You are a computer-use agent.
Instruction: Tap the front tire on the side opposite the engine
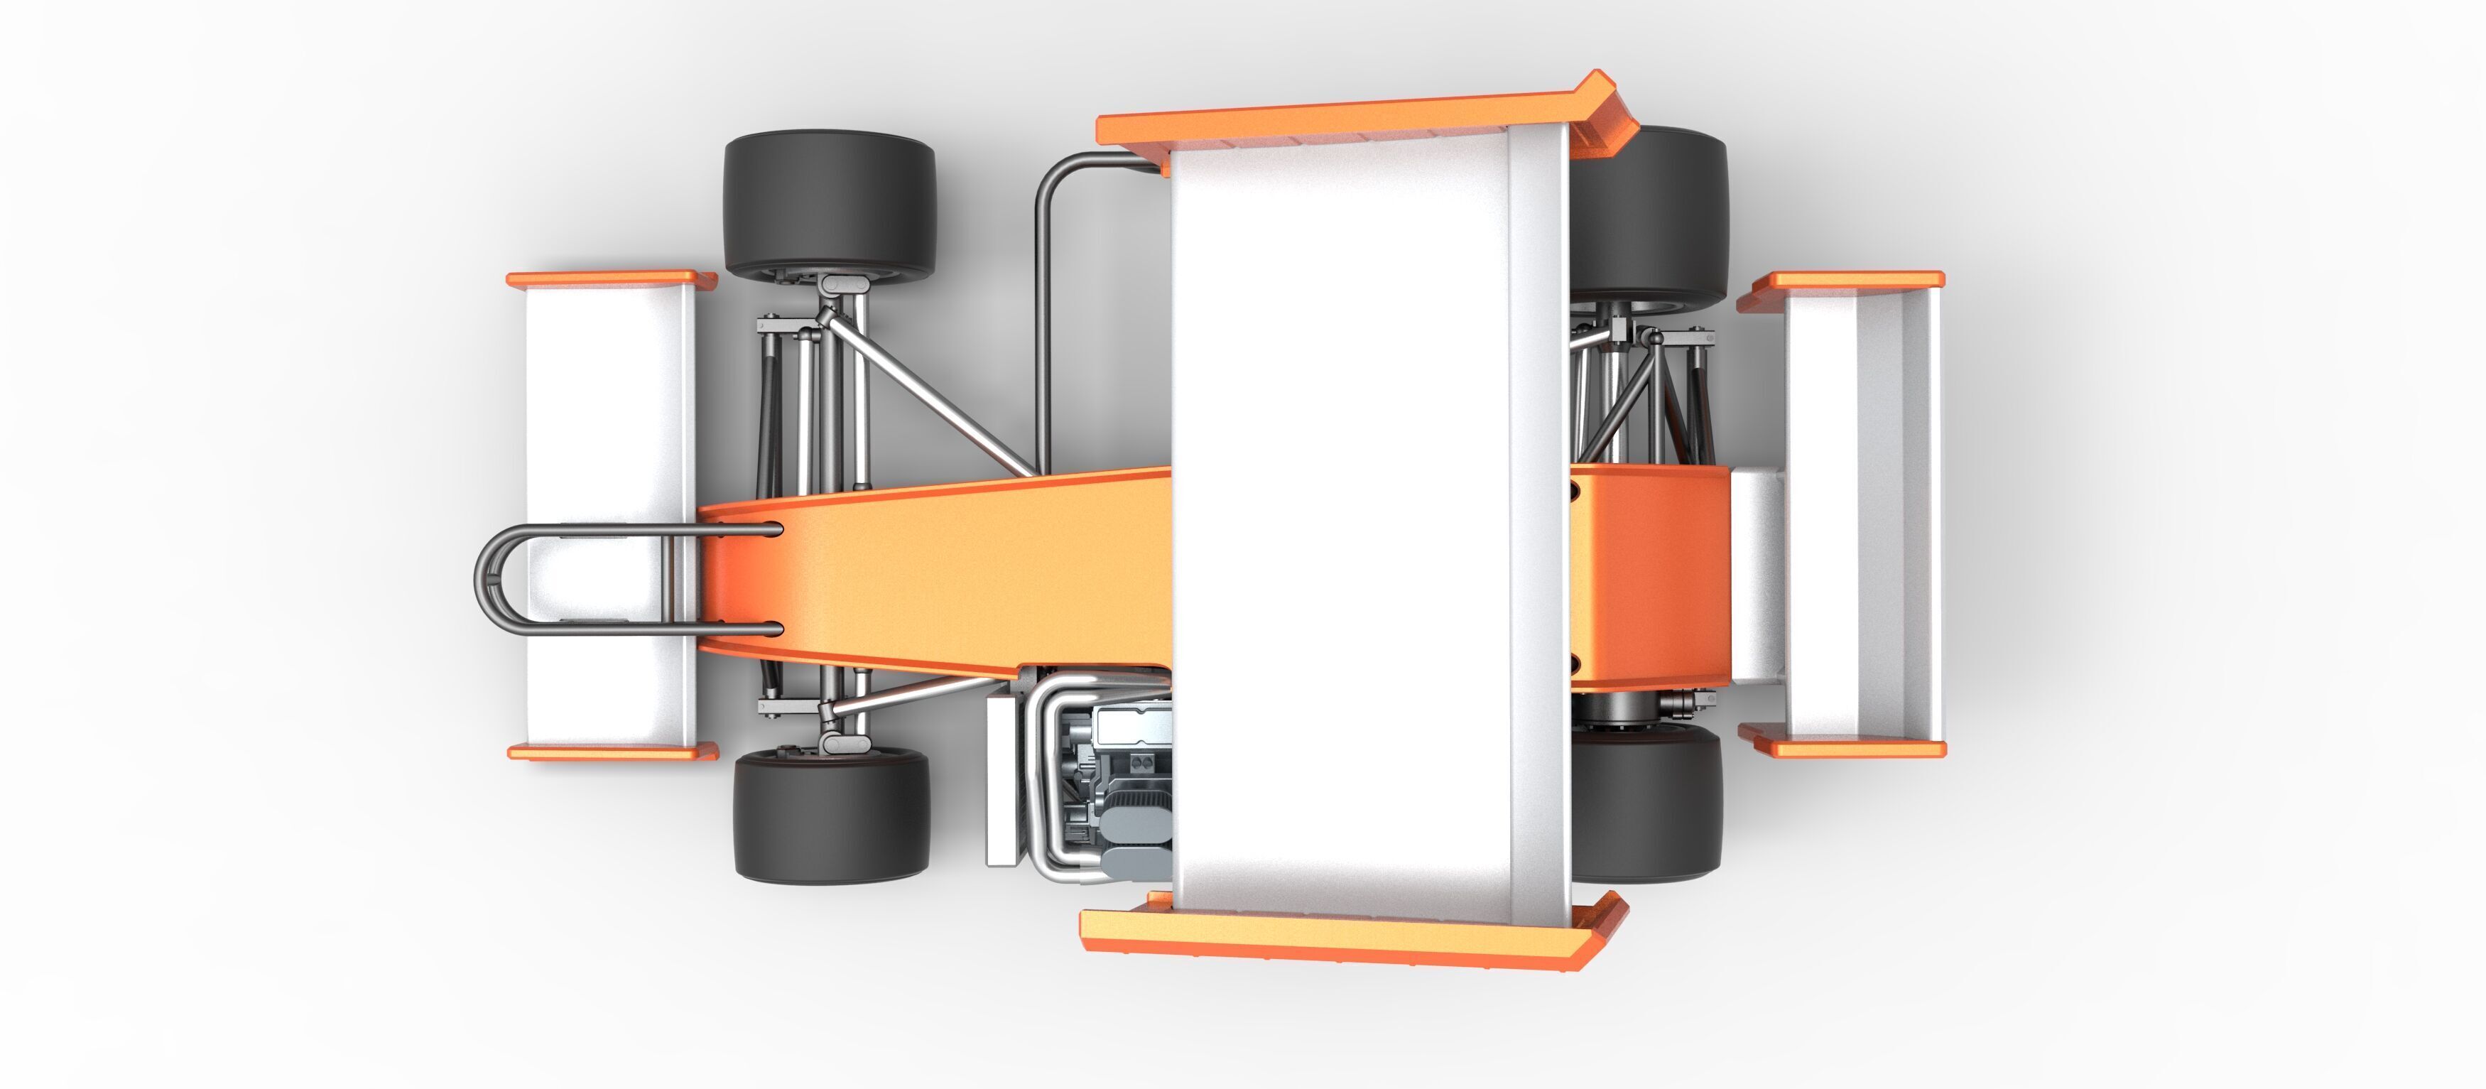pyautogui.click(x=829, y=204)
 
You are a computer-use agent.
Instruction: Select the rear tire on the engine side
pyautogui.click(x=1646, y=803)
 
